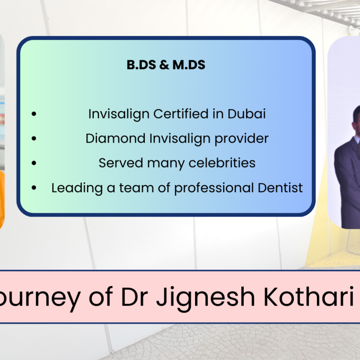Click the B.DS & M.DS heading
coord(166,65)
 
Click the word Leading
coord(70,188)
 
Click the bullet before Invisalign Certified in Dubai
coord(34,114)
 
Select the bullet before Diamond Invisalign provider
coord(34,139)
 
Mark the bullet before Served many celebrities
coord(34,163)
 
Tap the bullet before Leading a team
coord(34,188)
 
